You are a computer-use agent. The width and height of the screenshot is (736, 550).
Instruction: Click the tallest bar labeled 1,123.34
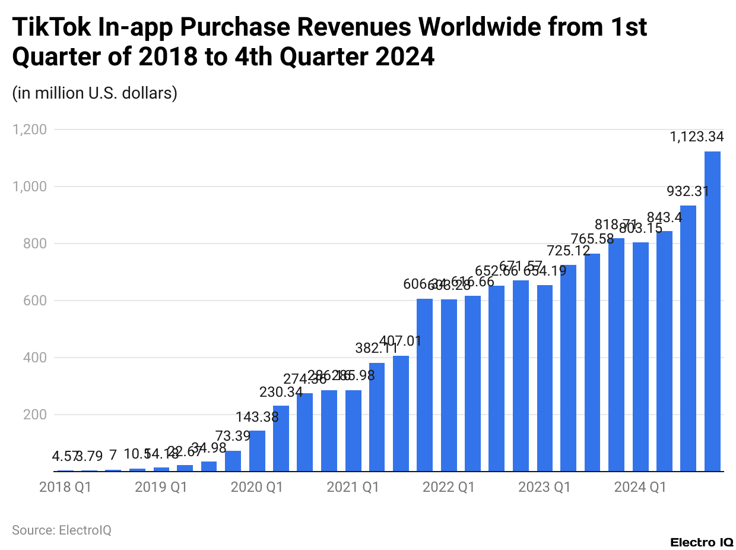pos(712,312)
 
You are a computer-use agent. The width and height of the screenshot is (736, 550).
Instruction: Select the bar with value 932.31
pos(688,339)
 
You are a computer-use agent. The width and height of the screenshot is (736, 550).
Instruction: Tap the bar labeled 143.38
pos(257,451)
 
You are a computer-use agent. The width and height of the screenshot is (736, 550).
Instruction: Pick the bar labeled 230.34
pos(281,439)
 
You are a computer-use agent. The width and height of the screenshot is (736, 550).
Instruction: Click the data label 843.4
pos(664,217)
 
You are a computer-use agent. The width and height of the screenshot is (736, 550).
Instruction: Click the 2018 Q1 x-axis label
pos(65,488)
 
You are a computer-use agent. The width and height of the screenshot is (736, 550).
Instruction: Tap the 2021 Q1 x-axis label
pos(353,488)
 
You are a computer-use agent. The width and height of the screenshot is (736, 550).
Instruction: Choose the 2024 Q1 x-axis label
pos(640,488)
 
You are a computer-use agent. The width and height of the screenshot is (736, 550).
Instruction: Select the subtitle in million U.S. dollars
pos(95,93)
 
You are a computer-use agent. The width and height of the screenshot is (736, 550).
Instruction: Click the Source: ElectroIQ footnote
pos(62,530)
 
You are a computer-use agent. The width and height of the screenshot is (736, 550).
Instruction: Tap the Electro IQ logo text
pos(702,542)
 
